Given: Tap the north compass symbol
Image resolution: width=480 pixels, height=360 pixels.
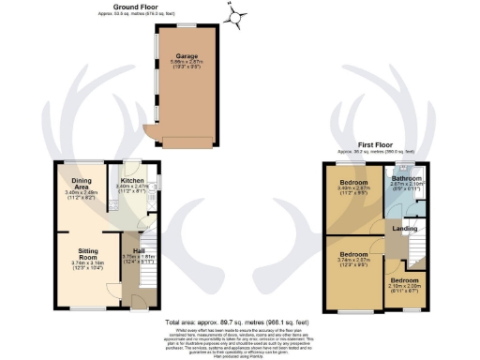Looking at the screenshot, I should tap(234, 13).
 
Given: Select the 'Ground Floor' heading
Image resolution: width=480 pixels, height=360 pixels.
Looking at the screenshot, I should tap(134, 6).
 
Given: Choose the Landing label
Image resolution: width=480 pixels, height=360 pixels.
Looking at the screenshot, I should tap(404, 228).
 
